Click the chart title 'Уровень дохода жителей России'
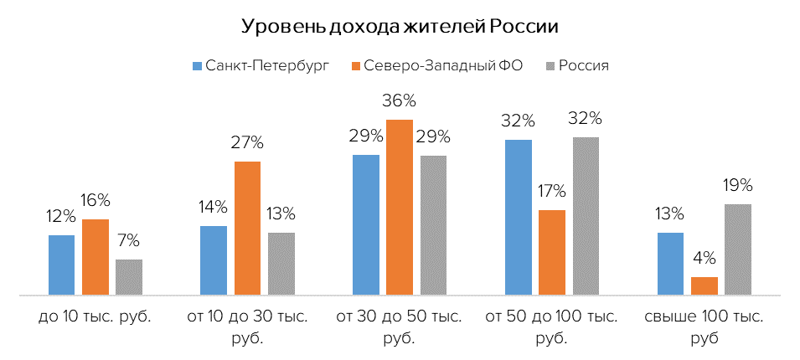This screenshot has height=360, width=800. pos(400,26)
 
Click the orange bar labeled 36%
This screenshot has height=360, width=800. pos(400,208)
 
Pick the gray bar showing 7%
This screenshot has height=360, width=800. pos(129,277)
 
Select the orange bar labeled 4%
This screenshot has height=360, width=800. pos(705,285)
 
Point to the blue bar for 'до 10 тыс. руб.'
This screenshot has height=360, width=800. pos(61,265)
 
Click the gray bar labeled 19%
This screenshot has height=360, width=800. pos(738,249)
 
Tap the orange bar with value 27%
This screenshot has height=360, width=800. pos(247,228)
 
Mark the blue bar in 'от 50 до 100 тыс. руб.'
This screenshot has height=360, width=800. pos(519,217)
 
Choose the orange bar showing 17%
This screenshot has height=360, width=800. pos(552,252)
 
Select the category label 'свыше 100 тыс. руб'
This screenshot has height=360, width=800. pos(705,328)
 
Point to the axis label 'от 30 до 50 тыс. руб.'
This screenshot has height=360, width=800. pos(400,328)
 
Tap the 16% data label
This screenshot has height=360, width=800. pos(95,201)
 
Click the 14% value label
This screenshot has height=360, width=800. pos(214,208)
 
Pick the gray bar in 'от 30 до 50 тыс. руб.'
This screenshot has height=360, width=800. pos(433,225)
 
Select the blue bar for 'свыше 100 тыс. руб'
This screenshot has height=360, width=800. pos(670,264)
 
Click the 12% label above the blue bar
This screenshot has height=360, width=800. pos(61,217)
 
